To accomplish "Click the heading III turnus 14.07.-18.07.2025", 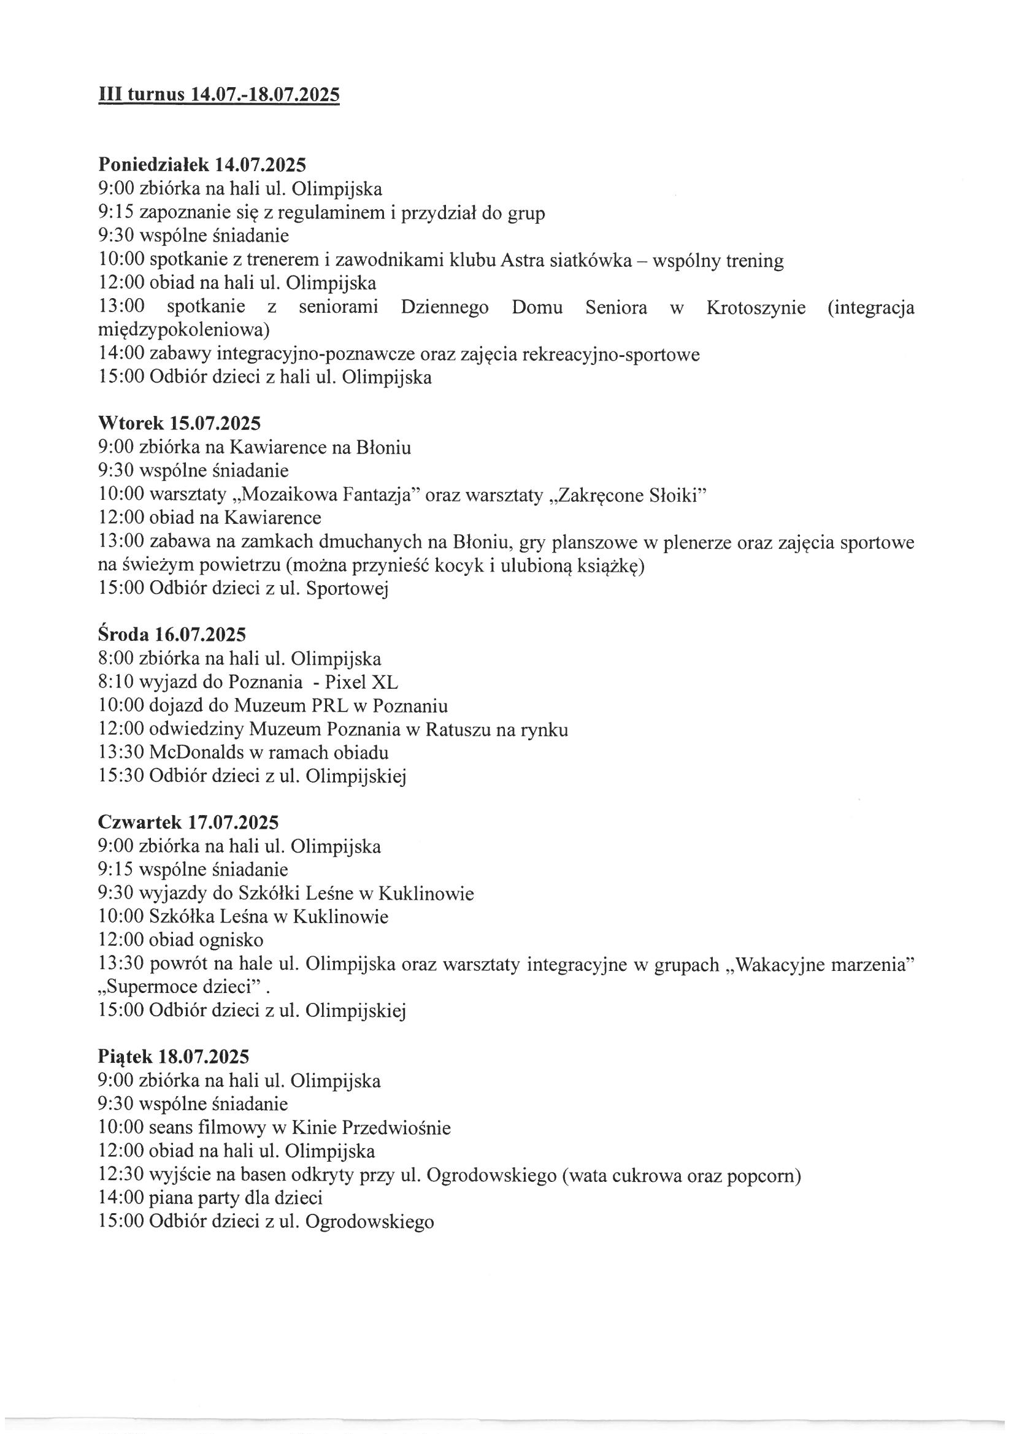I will click(x=219, y=95).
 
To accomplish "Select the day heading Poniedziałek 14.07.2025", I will click(x=202, y=165).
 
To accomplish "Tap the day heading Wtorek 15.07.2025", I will click(x=179, y=423).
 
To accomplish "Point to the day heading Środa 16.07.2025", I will click(x=172, y=635).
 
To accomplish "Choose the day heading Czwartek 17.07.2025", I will click(x=188, y=822).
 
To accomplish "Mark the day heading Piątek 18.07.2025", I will click(x=174, y=1057).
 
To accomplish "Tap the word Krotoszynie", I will click(x=755, y=308).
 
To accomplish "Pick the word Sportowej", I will click(x=347, y=589).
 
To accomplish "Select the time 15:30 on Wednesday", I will click(x=121, y=776).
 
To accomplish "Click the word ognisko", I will click(x=231, y=940).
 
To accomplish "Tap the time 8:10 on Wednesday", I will click(x=116, y=682).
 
